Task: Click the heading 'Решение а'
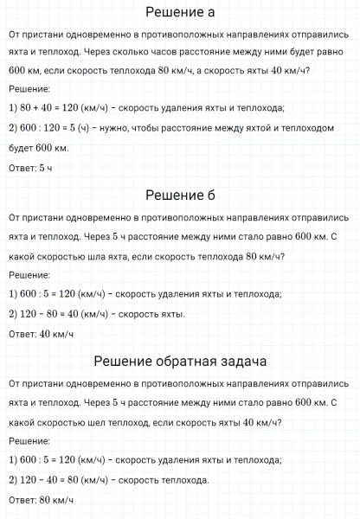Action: [180, 12]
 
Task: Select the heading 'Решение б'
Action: [180, 195]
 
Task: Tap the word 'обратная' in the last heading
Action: [193, 359]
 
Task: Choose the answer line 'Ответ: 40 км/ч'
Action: [40, 334]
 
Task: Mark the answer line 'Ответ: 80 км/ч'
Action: [40, 499]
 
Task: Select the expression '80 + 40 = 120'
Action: [48, 108]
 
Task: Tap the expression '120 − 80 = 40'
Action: [48, 314]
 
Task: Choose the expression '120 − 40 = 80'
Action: [48, 479]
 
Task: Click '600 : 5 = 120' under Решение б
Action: [50, 294]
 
